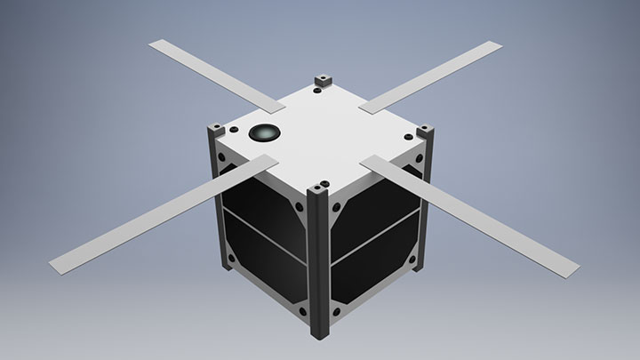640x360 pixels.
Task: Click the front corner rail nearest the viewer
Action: pyautogui.click(x=318, y=258)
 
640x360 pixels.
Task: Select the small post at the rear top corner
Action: pyautogui.click(x=321, y=83)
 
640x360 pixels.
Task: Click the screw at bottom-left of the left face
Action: pyautogui.click(x=233, y=259)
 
